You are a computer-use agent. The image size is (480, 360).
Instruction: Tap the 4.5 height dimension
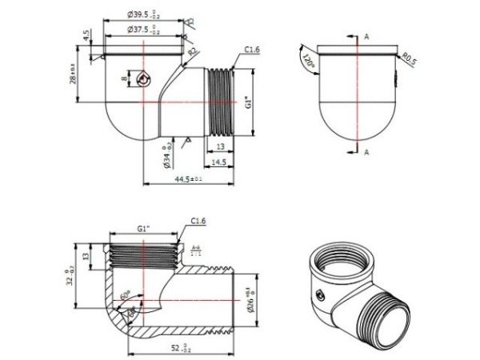tap(85, 36)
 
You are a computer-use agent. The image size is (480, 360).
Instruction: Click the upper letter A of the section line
tap(366, 36)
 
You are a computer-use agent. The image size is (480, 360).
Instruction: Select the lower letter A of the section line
tap(366, 151)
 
